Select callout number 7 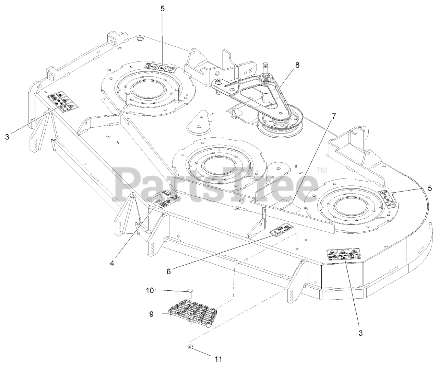click(x=333, y=116)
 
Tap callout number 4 click(x=112, y=263)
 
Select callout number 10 click(x=148, y=290)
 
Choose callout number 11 click(x=218, y=359)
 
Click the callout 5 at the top click(x=162, y=9)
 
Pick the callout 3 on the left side click(x=7, y=137)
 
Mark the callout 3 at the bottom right click(x=360, y=333)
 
